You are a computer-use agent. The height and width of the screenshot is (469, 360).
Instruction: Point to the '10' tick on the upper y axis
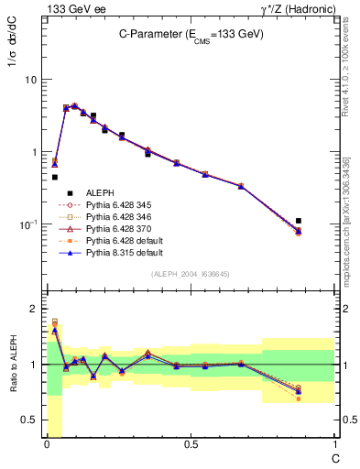point(30,80)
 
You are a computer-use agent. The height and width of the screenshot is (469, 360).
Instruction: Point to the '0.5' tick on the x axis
point(191,444)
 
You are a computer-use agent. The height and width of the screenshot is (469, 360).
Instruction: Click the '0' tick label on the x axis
point(47,444)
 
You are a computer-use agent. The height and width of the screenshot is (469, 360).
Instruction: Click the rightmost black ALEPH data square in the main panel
point(324,221)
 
